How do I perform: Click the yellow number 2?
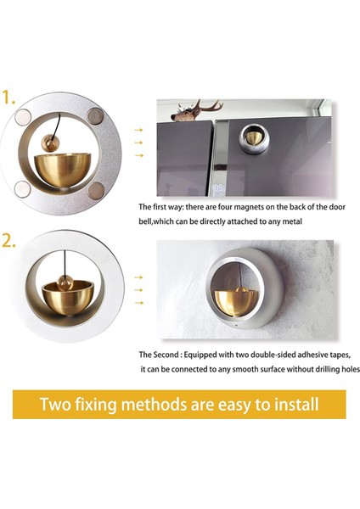(x=8, y=240)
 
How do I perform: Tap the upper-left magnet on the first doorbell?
(x=24, y=117)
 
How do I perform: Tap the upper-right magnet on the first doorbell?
(x=95, y=116)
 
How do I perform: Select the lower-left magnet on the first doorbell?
(x=23, y=189)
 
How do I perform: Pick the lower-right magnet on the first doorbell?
(x=96, y=190)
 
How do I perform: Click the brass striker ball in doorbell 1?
(x=50, y=143)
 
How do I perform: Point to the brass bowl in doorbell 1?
(x=62, y=170)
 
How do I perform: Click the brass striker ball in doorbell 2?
(x=65, y=282)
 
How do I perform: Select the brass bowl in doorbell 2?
(x=68, y=298)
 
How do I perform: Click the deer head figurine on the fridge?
(x=195, y=111)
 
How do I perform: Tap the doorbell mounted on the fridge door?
(x=254, y=138)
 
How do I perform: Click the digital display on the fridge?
(x=218, y=188)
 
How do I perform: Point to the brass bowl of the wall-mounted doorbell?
(x=237, y=302)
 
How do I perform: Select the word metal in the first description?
(x=292, y=221)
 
